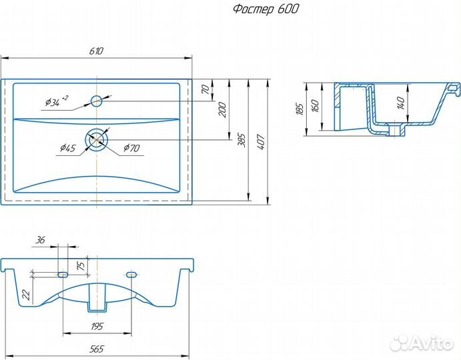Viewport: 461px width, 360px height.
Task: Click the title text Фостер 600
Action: tap(266, 9)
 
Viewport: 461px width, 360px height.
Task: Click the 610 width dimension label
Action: tap(96, 51)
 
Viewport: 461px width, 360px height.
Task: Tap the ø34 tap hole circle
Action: tap(96, 101)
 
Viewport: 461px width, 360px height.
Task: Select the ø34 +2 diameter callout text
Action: tap(57, 101)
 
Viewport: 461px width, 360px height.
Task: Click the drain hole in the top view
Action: tap(97, 139)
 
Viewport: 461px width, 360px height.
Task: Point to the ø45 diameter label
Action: tap(67, 147)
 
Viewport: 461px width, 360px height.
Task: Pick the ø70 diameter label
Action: tap(131, 147)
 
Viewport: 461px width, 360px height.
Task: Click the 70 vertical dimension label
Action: tap(205, 89)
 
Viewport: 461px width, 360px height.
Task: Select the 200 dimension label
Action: tap(223, 109)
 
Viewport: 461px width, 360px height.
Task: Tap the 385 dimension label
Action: tap(242, 141)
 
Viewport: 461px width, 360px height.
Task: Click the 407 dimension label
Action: tap(261, 142)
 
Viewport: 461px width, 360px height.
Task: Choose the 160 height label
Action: tap(315, 106)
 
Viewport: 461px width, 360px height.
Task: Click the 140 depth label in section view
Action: tap(401, 103)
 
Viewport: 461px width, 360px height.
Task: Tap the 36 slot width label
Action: tap(40, 240)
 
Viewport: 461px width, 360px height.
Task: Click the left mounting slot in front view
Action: tap(63, 274)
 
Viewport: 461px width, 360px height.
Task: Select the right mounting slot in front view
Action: tap(131, 275)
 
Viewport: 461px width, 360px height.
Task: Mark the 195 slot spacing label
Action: tap(97, 326)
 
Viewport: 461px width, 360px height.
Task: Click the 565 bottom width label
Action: tap(97, 349)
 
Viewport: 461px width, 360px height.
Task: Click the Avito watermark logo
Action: tap(421, 343)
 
